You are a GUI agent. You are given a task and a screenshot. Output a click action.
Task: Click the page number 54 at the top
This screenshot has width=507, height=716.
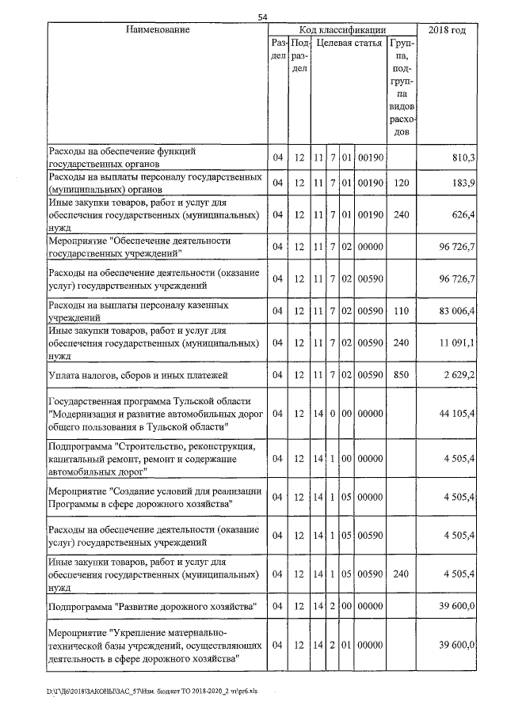tap(263, 17)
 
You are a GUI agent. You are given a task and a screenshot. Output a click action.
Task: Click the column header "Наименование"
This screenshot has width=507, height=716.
tap(157, 30)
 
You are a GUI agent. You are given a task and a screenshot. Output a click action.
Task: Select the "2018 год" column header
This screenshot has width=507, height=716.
tap(447, 30)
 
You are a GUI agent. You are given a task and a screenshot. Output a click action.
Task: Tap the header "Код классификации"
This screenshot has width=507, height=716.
tap(342, 30)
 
